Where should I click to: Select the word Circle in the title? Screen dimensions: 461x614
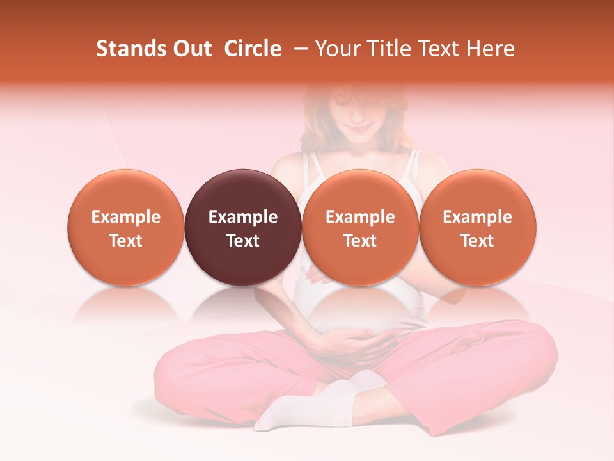coord(253,49)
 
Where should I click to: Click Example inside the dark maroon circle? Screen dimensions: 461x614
coord(243,217)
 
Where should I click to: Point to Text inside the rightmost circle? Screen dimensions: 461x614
coord(478,240)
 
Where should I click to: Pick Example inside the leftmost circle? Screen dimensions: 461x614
coord(126,217)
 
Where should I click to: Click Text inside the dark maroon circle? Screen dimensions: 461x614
coord(243,240)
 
